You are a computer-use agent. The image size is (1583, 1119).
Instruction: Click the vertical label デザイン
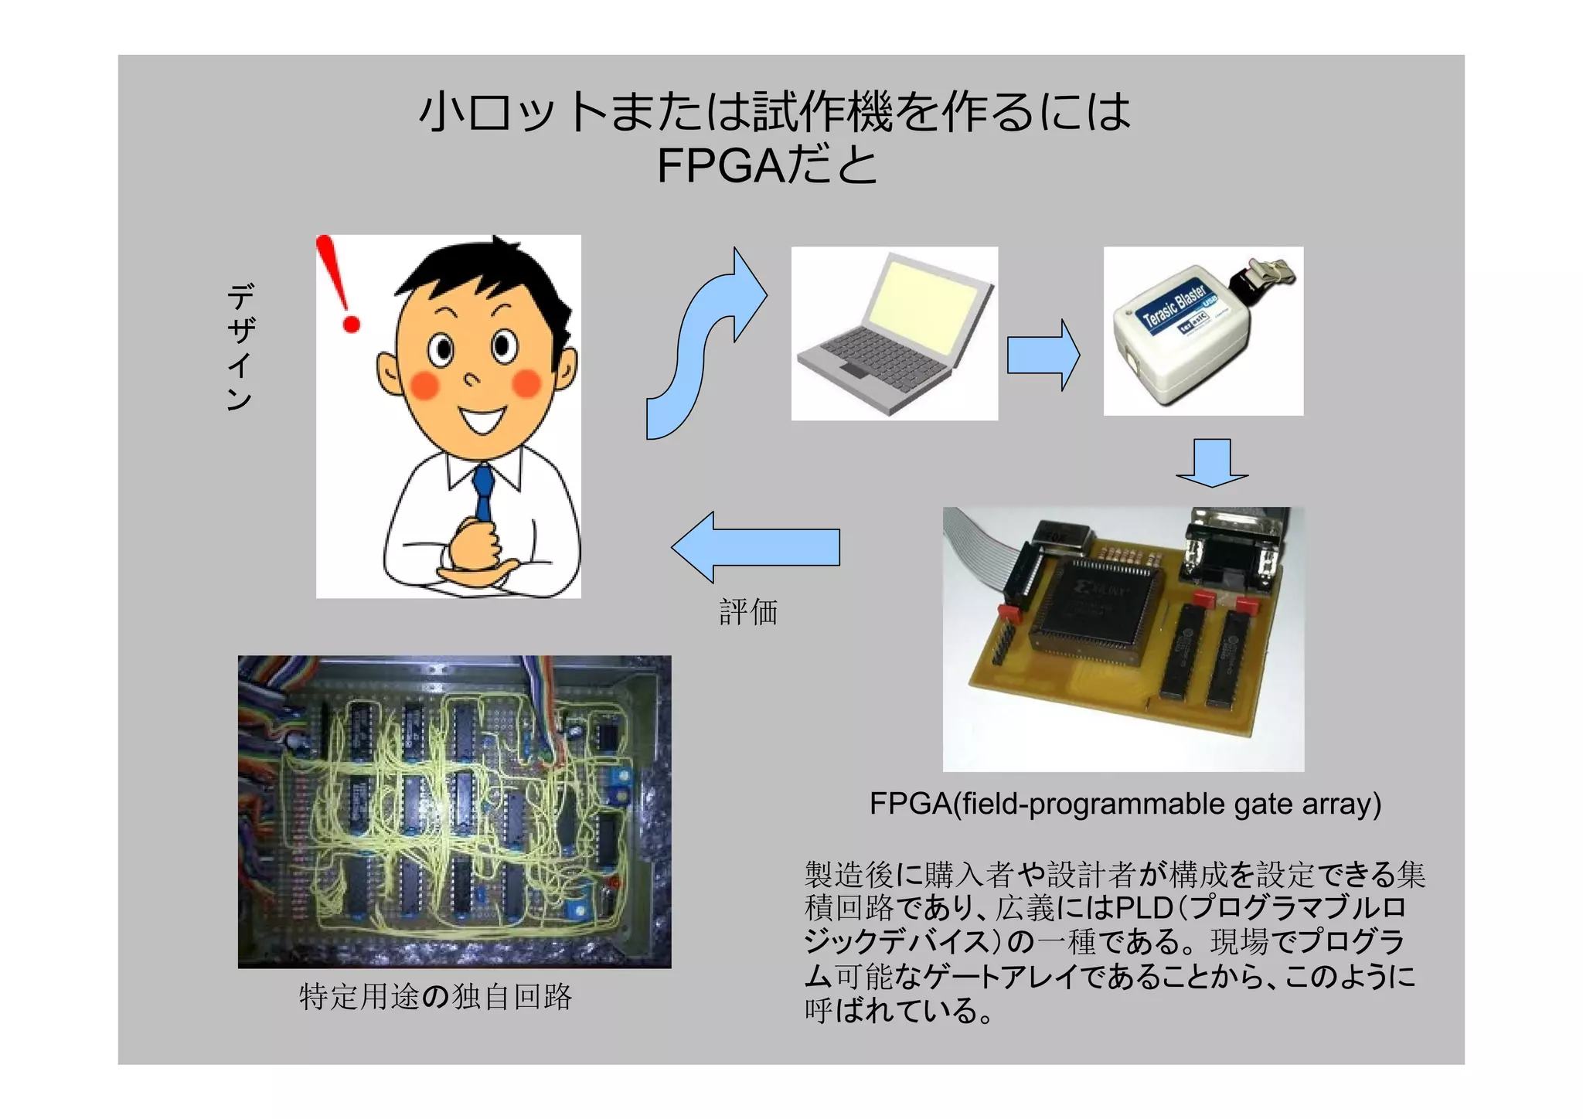point(240,347)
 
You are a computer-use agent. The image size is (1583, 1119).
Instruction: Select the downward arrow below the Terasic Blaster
point(1211,462)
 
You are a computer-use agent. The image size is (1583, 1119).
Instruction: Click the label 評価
point(747,612)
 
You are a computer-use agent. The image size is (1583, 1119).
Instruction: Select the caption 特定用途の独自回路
point(435,997)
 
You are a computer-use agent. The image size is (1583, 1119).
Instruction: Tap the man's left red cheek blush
point(424,384)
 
